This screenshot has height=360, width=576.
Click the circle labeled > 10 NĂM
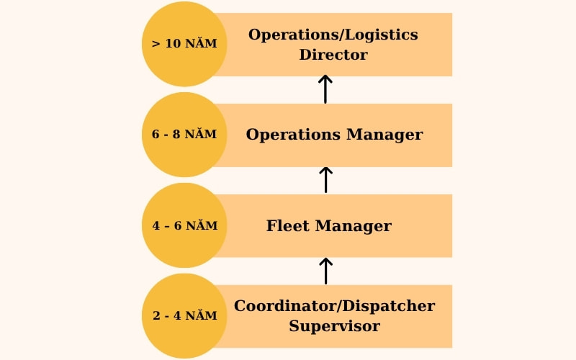coord(184,44)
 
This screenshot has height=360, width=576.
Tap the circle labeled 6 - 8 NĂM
coord(184,135)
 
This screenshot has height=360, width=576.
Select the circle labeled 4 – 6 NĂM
coord(184,225)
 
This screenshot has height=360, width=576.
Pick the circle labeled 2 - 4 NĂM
coord(184,316)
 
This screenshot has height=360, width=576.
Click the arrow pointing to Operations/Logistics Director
coord(325,89)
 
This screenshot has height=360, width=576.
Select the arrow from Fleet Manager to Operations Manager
coord(325,179)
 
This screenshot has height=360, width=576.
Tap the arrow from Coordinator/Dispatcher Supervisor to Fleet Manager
coord(325,270)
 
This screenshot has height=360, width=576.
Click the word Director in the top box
coord(333,55)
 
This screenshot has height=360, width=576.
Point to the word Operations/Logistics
coord(333,35)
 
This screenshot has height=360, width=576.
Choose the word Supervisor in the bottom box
coord(334,326)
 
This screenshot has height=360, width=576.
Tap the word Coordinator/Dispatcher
coord(334,306)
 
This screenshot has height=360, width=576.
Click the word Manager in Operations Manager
coord(384,135)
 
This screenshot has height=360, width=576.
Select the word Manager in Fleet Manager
coord(354,226)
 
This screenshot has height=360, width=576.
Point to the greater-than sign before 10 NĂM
coord(156,43)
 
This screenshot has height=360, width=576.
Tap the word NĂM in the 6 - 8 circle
coord(202,135)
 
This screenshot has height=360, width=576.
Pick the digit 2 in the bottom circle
coord(156,316)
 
